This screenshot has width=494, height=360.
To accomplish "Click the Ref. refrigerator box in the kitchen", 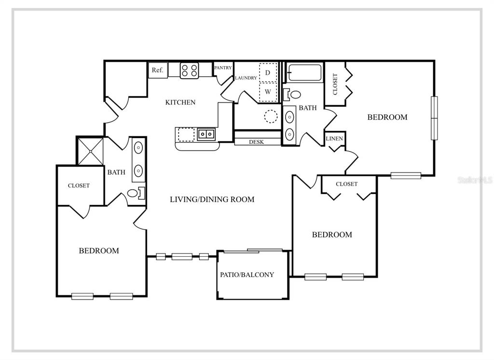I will pyautogui.click(x=157, y=70).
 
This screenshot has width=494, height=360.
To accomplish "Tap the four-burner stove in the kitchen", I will pyautogui.click(x=190, y=70).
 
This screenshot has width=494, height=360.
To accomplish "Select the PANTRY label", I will pyautogui.click(x=223, y=68).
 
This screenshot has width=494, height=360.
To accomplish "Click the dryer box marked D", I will pyautogui.click(x=268, y=73).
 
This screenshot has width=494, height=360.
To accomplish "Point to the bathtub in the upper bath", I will pyautogui.click(x=305, y=73).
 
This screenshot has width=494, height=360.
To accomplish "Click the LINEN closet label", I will pyautogui.click(x=334, y=139).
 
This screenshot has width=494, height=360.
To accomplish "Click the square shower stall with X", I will pyautogui.click(x=91, y=151).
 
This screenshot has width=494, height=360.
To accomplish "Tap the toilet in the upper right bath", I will pyautogui.click(x=293, y=94).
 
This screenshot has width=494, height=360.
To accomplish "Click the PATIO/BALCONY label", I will pyautogui.click(x=247, y=275).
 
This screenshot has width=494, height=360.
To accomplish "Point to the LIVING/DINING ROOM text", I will pyautogui.click(x=212, y=199).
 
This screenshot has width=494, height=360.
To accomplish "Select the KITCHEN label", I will pyautogui.click(x=180, y=102).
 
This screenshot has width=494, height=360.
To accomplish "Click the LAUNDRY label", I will pyautogui.click(x=246, y=78).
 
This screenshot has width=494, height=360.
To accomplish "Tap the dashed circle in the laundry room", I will pyautogui.click(x=271, y=116).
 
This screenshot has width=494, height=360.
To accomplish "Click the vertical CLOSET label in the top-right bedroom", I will pyautogui.click(x=335, y=83).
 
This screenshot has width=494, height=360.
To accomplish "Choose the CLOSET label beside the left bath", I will pyautogui.click(x=79, y=185).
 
